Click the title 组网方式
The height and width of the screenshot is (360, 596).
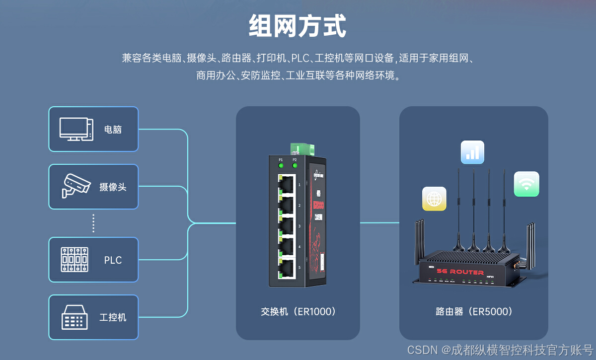pyautogui.click(x=297, y=26)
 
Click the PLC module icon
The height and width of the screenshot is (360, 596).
pyautogui.click(x=74, y=260)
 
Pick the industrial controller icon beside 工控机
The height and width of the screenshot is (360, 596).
pyautogui.click(x=74, y=317)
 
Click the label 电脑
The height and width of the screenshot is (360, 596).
pyautogui.click(x=113, y=130)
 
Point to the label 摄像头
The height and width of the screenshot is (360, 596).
pyautogui.click(x=113, y=187)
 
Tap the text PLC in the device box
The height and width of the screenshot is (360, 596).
pyautogui.click(x=113, y=260)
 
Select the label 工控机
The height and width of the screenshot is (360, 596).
pyautogui.click(x=113, y=317)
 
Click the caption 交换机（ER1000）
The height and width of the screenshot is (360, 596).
pyautogui.click(x=298, y=312)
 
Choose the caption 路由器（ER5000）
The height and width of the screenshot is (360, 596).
pyautogui.click(x=474, y=312)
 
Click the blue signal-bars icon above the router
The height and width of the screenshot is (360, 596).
pyautogui.click(x=472, y=152)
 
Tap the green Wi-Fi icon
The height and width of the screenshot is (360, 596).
pyautogui.click(x=526, y=184)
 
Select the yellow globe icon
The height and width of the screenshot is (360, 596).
pyautogui.click(x=434, y=199)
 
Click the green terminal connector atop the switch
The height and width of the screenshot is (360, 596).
pyautogui.click(x=302, y=148)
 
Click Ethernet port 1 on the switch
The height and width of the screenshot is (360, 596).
pyautogui.click(x=286, y=184)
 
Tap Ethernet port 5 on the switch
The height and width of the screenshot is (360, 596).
pyautogui.click(x=286, y=268)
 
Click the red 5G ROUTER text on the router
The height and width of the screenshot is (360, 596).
pyautogui.click(x=460, y=272)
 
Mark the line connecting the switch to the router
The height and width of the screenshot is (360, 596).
pyautogui.click(x=379, y=222)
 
